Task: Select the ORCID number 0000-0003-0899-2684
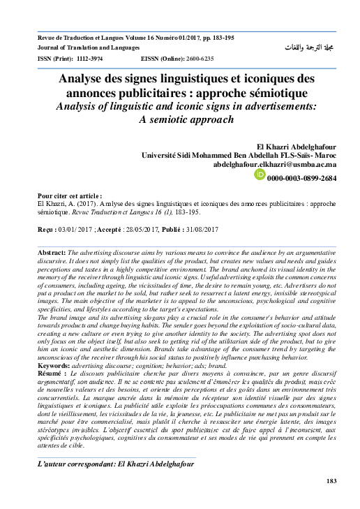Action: coord(301,179)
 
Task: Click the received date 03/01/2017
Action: coord(74,229)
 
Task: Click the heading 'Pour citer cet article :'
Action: coord(70,196)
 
